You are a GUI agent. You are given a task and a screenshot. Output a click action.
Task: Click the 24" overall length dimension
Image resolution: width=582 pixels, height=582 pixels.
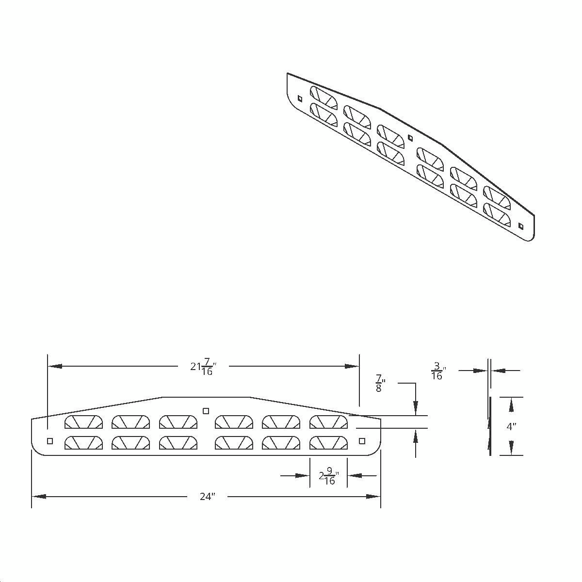[x=207, y=496]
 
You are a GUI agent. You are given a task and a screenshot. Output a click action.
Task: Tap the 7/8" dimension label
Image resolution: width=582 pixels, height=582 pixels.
[x=378, y=383]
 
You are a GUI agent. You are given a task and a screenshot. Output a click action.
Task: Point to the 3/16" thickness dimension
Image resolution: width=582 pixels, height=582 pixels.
[x=437, y=371]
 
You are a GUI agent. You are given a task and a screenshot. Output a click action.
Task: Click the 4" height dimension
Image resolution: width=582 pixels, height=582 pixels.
[x=511, y=427]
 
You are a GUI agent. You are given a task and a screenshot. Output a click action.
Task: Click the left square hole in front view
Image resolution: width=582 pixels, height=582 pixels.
[x=49, y=441]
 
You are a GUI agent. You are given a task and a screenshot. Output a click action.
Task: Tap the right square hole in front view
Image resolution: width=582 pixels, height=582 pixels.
[x=361, y=440]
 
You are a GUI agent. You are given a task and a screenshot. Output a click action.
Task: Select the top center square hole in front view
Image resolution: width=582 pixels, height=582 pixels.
[x=206, y=411]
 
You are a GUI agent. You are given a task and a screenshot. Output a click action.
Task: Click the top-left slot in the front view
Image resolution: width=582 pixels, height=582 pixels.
[x=83, y=422]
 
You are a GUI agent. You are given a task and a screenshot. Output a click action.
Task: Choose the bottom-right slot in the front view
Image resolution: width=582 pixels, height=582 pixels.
[x=328, y=443]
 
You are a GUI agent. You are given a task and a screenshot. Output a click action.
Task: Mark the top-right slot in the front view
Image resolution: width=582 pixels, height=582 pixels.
[x=328, y=422]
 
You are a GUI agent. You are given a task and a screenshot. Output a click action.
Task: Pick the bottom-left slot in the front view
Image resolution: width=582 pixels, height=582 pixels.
[x=83, y=443]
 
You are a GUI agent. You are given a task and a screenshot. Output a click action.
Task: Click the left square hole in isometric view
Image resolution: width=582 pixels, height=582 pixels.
[x=300, y=98]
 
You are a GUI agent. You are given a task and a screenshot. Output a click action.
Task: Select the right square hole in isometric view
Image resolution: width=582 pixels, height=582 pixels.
[x=521, y=226]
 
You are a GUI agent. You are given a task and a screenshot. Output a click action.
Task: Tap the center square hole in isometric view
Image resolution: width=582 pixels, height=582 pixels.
[x=410, y=138]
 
